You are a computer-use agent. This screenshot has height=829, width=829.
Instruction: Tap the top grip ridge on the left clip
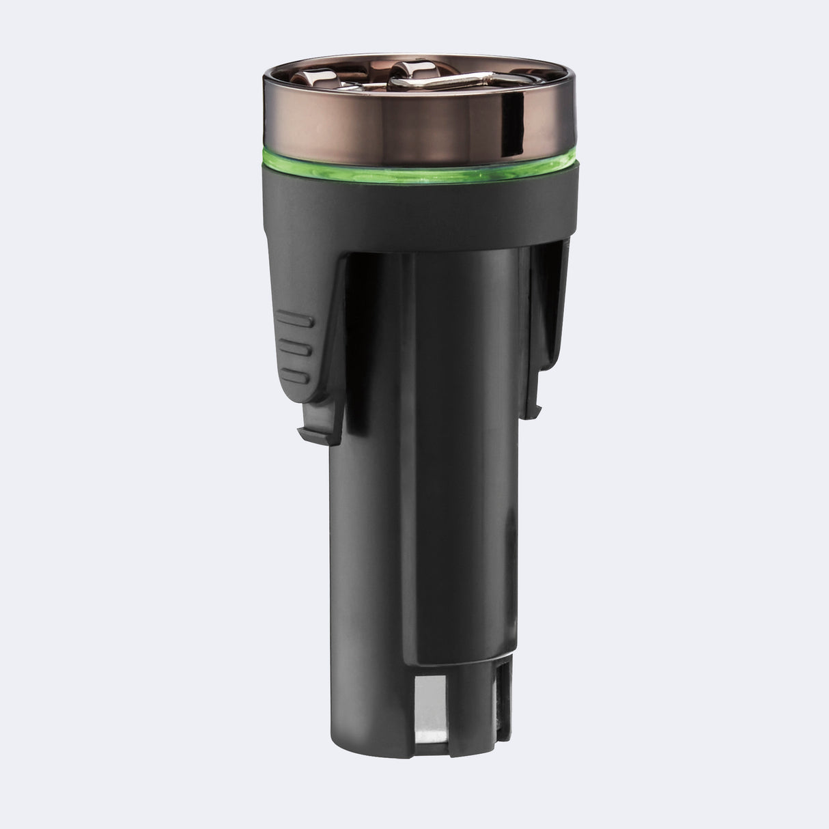(296, 318)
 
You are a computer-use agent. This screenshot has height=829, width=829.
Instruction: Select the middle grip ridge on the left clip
(296, 348)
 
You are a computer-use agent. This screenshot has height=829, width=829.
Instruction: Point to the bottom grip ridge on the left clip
(296, 375)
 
